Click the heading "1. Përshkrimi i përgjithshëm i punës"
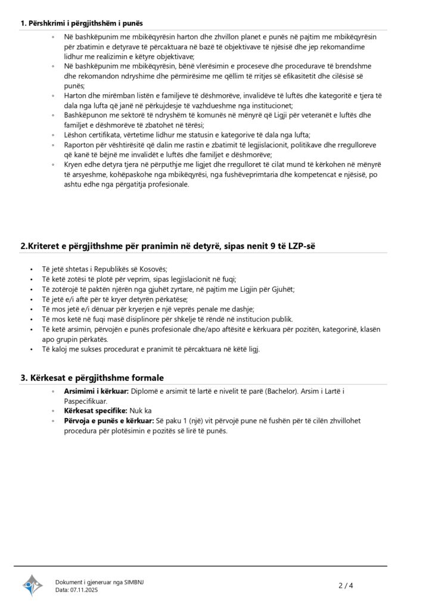82,23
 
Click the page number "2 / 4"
346,586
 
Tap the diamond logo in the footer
32,586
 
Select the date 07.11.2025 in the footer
84,590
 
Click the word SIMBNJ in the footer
132,582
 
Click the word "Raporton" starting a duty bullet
79,145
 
